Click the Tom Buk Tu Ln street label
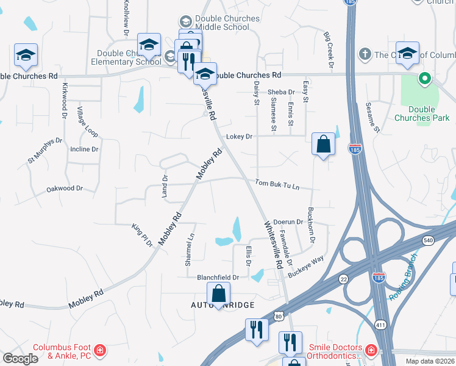pyautogui.click(x=277, y=184)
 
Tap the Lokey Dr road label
pyautogui.click(x=240, y=137)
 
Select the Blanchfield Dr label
pyautogui.click(x=218, y=277)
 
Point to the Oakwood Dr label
pyautogui.click(x=64, y=189)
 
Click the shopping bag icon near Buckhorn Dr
pyautogui.click(x=323, y=145)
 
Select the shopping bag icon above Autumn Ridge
pyautogui.click(x=218, y=293)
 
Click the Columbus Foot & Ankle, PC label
pyautogui.click(x=61, y=351)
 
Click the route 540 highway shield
pyautogui.click(x=428, y=241)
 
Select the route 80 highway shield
pyautogui.click(x=279, y=316)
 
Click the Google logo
pyautogui.click(x=20, y=359)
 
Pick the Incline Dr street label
pyautogui.click(x=84, y=149)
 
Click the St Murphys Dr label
pyautogui.click(x=45, y=150)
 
